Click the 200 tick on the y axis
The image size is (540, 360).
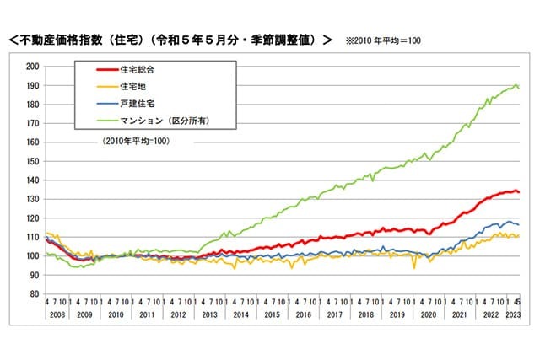(33, 67)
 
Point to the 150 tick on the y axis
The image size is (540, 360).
(33, 161)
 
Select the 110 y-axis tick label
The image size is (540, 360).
(33, 237)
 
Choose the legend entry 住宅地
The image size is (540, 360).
(132, 86)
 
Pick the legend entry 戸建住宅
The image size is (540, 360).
(136, 104)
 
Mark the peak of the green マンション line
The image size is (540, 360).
(516, 85)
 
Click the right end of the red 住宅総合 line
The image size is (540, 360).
(518, 192)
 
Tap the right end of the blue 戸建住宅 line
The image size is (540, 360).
(518, 224)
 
